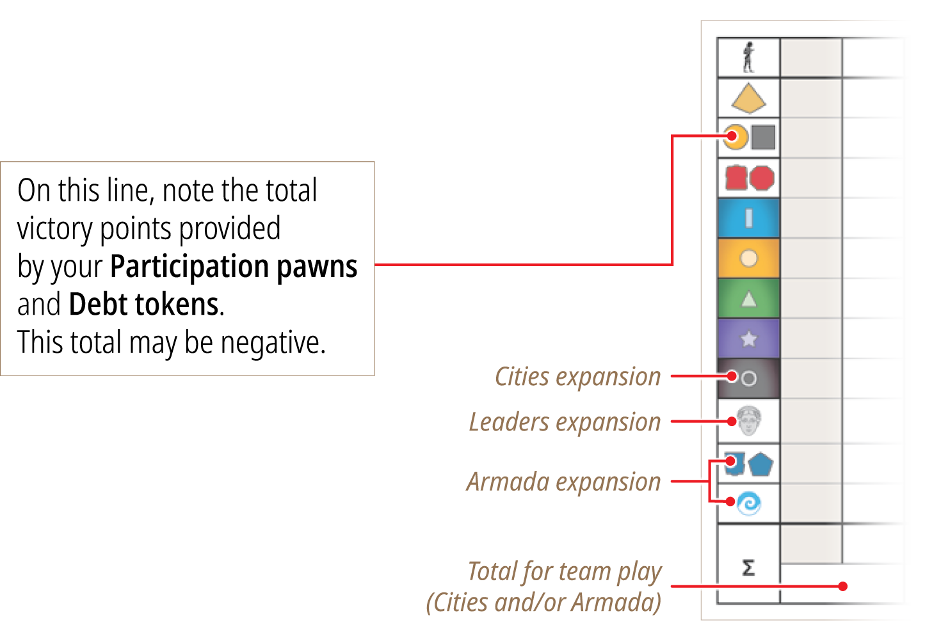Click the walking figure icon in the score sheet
coord(748,57)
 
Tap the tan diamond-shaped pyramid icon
coord(748,99)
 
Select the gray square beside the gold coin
coord(763,138)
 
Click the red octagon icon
coord(762,178)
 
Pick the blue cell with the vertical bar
coord(748,218)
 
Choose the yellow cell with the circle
coord(748,258)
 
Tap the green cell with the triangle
coord(748,298)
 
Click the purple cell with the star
coord(748,338)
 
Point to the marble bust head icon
coord(749,420)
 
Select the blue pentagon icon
coord(760,464)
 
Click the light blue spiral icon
coord(749,503)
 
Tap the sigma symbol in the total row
coord(748,567)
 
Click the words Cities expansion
coord(578,377)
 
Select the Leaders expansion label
coord(565,422)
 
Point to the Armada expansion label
coord(564,482)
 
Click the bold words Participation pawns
coord(234,266)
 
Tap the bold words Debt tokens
coord(143,304)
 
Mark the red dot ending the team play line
coord(842,587)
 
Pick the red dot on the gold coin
coord(732,136)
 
